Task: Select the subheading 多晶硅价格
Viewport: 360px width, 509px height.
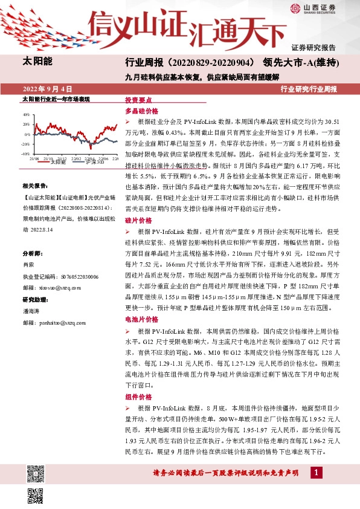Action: [141, 111]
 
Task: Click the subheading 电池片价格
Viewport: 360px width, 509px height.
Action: [141, 317]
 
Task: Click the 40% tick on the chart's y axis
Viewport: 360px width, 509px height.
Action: [25, 114]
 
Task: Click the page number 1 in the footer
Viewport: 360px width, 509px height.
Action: [316, 472]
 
